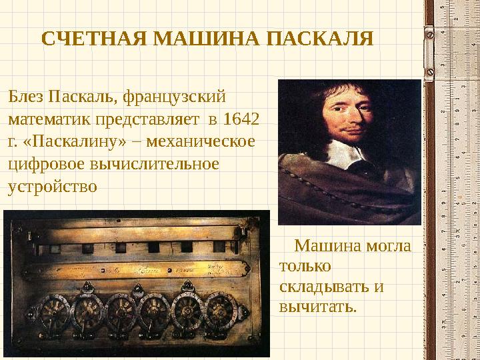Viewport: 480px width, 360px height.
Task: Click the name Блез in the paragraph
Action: [x=26, y=97]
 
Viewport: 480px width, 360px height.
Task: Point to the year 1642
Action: [x=242, y=119]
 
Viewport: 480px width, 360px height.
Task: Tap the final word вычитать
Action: [x=318, y=307]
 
